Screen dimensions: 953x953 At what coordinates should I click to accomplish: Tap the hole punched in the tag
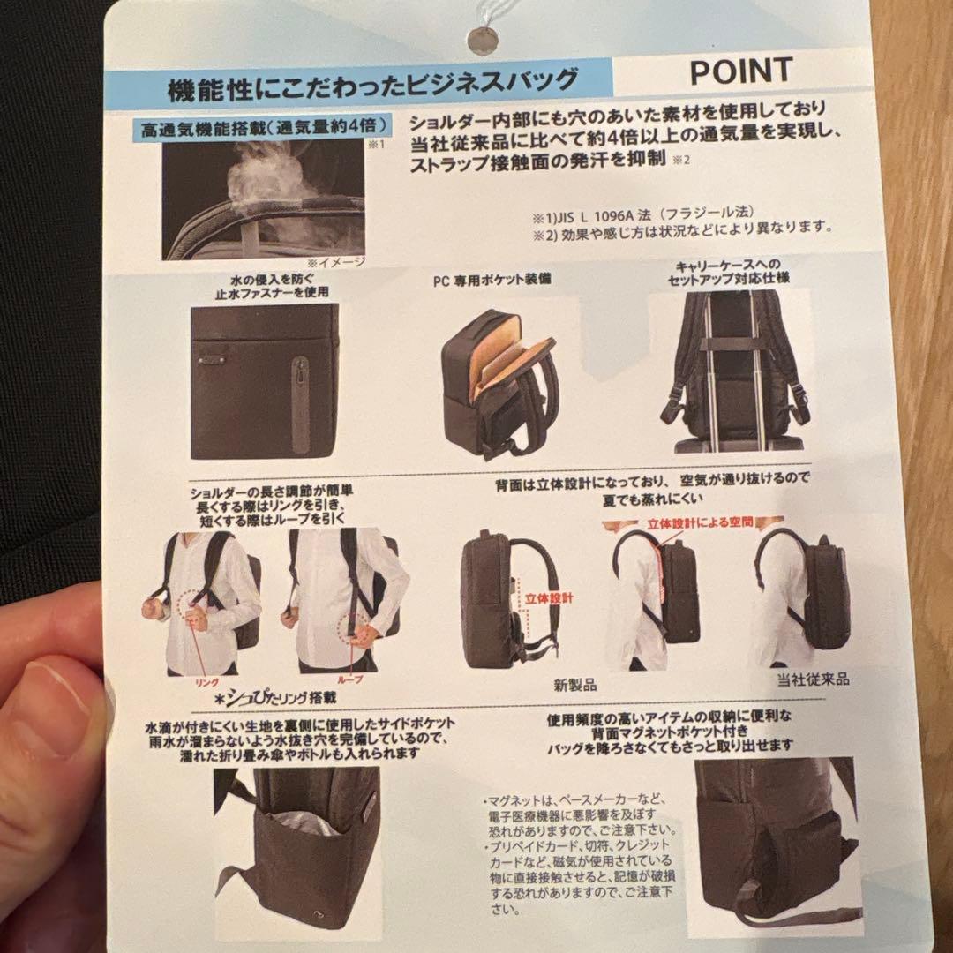click(x=483, y=40)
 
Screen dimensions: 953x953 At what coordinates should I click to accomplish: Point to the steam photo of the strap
click(x=263, y=198)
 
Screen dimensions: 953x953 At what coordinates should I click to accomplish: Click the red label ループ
click(x=356, y=682)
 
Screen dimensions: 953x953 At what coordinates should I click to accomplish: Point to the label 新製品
click(x=575, y=684)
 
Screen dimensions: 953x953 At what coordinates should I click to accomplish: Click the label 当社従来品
click(x=812, y=679)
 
